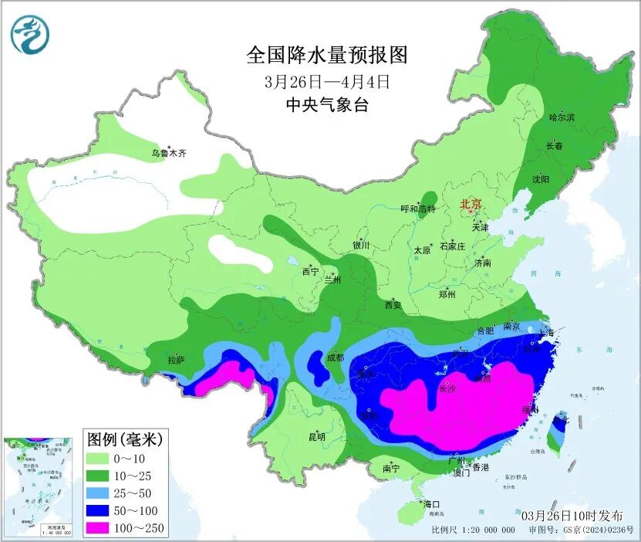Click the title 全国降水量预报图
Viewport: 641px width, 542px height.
[326, 56]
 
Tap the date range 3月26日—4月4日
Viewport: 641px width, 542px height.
[326, 81]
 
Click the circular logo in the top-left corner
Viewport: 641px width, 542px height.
[29, 34]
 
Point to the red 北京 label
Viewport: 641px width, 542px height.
[471, 204]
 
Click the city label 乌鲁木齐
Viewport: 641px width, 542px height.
[168, 154]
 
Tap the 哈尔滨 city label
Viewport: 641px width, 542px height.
[562, 117]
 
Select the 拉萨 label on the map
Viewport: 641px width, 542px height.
[176, 360]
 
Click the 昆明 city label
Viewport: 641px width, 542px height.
[317, 437]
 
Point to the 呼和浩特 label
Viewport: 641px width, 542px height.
[419, 209]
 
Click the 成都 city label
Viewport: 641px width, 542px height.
[335, 357]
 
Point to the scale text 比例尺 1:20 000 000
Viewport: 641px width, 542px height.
[473, 530]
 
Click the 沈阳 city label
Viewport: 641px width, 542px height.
[540, 179]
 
